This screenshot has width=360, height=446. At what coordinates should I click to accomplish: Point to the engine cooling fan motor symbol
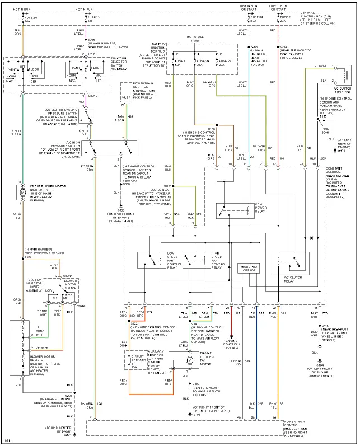(x=190, y=361)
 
